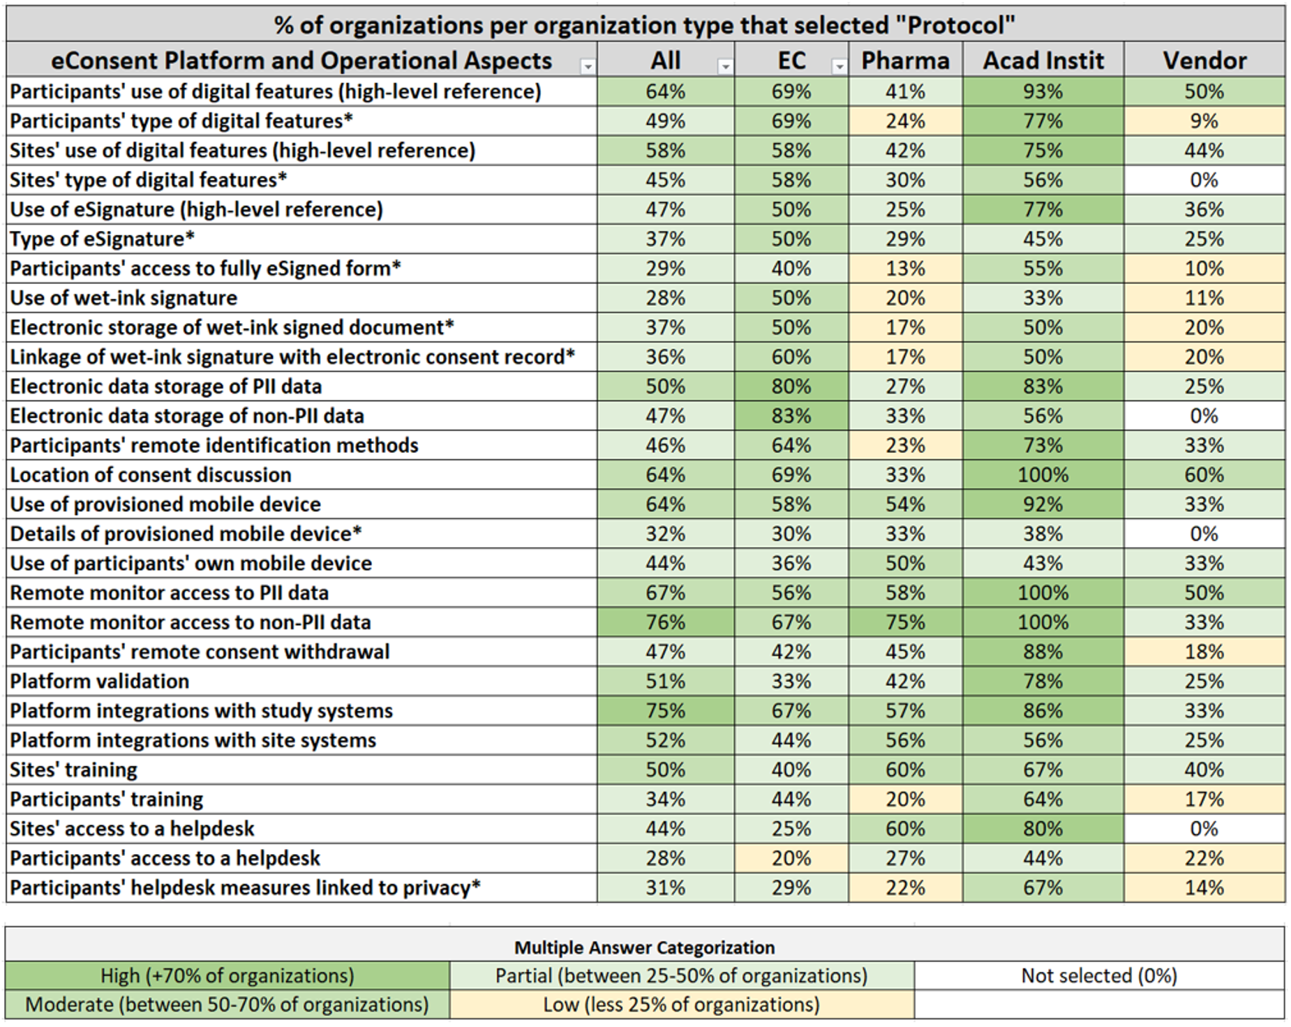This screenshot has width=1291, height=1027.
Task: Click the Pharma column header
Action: tap(905, 61)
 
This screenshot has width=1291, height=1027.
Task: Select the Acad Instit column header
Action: tap(1043, 61)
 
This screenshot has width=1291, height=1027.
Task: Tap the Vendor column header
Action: tap(1204, 61)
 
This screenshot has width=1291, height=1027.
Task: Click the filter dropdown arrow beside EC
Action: tap(839, 66)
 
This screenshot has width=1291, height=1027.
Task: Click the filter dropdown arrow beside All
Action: tap(726, 66)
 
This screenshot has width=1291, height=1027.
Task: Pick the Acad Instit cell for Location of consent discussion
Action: tap(1043, 474)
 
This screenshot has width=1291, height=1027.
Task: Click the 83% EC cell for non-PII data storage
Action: tap(791, 416)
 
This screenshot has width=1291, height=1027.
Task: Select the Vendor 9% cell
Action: tap(1204, 121)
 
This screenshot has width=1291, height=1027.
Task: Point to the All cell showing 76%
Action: tap(665, 622)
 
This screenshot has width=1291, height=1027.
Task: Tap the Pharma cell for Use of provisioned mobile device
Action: tap(905, 504)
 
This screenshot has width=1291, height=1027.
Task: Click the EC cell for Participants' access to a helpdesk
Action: tap(791, 857)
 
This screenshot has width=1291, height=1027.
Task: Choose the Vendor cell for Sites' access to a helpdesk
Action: tap(1204, 828)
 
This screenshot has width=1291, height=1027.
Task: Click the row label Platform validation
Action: tap(100, 681)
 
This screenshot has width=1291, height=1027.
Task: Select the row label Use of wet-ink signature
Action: tap(124, 298)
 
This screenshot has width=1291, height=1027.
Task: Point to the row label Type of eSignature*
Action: tap(102, 239)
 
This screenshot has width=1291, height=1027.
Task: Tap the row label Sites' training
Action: tap(73, 770)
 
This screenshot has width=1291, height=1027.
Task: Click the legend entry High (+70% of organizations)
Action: tap(227, 975)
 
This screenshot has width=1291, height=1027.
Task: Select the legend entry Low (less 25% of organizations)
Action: tap(681, 1005)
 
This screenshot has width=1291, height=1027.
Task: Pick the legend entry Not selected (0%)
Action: tap(1099, 975)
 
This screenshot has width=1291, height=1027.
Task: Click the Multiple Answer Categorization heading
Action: tap(644, 947)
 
